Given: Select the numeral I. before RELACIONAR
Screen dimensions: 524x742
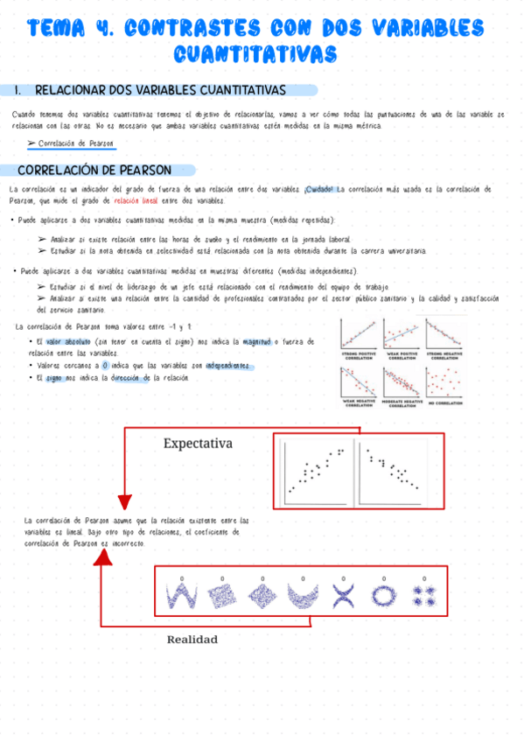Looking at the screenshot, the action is coord(20,91).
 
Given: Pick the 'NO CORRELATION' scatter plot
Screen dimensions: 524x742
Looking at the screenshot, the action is coord(446,382).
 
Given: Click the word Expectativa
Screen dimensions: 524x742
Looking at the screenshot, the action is coord(198,444).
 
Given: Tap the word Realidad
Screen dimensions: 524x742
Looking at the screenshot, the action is coord(192,640).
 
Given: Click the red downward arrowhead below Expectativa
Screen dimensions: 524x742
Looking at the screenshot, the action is coord(123,501).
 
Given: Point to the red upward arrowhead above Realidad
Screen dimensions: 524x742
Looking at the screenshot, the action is coord(104,556).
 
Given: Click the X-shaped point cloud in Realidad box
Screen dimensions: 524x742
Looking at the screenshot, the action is coord(343,596).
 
